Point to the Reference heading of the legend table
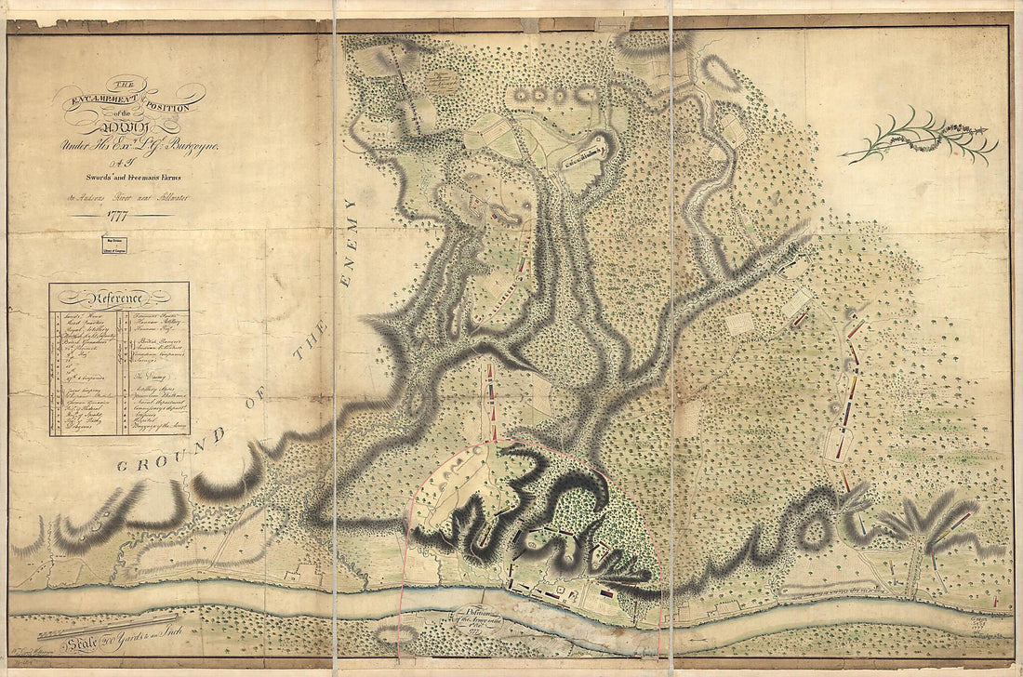(x=118, y=299)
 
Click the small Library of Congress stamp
(x=113, y=245)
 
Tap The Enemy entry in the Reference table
(x=148, y=369)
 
